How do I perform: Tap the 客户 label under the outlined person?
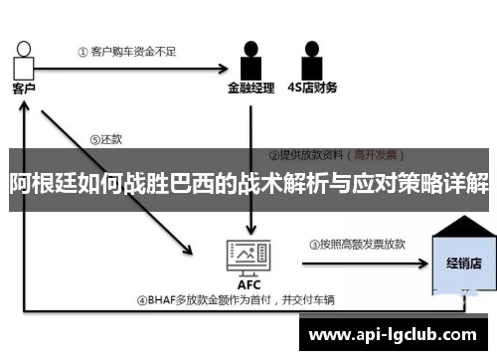tap(23, 88)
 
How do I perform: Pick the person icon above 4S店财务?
tap(312, 59)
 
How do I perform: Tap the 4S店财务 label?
tap(312, 87)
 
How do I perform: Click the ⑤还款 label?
tap(106, 140)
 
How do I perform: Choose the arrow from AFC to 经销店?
tap(358, 265)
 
